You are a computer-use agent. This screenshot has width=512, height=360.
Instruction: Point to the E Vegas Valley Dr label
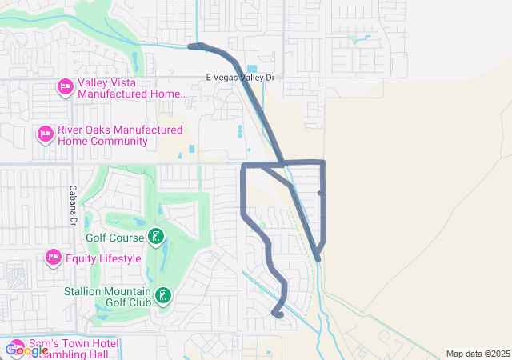coord(240,78)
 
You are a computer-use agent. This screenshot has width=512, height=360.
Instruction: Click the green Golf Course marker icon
coord(156,237)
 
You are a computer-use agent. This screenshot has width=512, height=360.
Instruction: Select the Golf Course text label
coord(114,238)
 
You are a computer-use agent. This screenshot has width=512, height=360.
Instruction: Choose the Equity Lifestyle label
coord(103,258)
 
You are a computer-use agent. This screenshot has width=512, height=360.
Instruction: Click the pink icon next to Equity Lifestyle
coord(54,258)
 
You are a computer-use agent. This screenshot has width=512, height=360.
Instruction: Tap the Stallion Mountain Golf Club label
coord(109,297)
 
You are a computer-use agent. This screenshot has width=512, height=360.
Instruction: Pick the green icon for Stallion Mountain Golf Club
coord(163,297)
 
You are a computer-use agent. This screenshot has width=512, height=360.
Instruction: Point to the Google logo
coord(27,350)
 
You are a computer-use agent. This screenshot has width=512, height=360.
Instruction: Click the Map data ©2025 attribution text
coord(478,354)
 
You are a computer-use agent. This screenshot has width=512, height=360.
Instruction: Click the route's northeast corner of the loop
coord(322,163)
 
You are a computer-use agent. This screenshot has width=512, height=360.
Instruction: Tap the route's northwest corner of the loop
coord(243,166)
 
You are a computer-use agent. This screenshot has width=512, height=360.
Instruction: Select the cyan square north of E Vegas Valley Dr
coord(253,69)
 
